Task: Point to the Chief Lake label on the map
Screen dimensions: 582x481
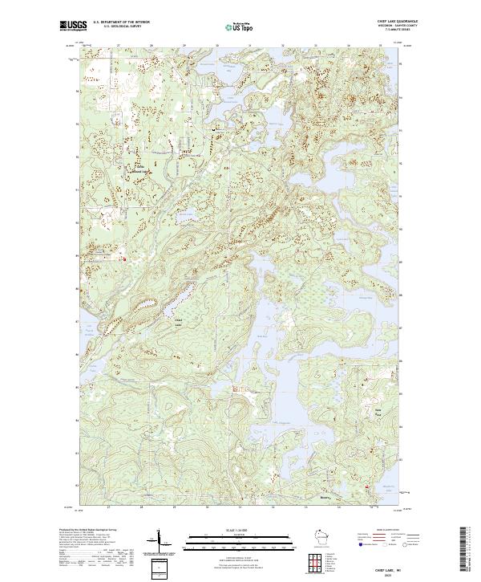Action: coord(178,322)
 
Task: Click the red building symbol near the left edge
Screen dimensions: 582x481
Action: coord(123,258)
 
